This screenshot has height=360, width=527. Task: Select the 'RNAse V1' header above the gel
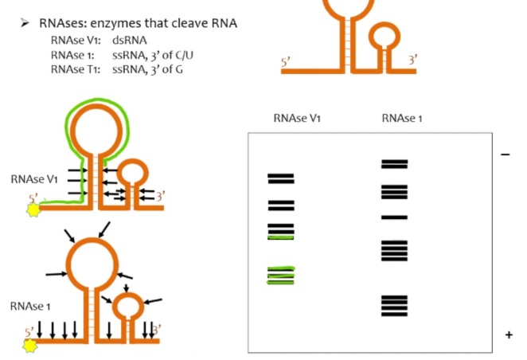(x=296, y=118)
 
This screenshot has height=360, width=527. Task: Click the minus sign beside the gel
(x=505, y=155)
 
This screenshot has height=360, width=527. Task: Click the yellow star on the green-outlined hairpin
(x=33, y=210)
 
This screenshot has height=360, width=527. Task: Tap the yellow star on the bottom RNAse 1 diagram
(x=31, y=345)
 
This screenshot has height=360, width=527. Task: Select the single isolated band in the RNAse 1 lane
(x=394, y=217)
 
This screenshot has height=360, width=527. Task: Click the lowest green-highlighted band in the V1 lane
(x=281, y=281)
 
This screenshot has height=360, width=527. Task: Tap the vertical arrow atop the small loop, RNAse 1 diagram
(x=126, y=285)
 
